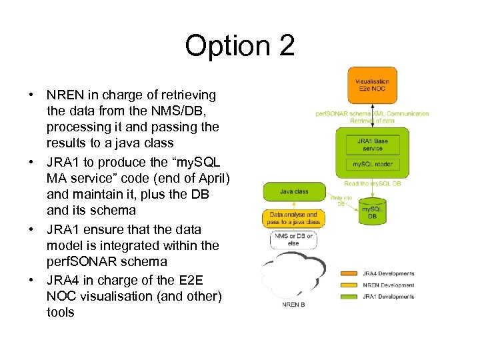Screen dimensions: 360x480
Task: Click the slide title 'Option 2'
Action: click(239, 46)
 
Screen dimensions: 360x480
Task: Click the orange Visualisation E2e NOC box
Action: click(373, 85)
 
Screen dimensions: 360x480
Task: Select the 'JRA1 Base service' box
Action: click(373, 144)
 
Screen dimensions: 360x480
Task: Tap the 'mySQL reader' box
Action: click(373, 164)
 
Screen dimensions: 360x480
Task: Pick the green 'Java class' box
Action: click(294, 192)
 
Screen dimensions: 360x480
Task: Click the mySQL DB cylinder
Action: click(373, 211)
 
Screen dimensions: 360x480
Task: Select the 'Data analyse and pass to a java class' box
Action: click(294, 218)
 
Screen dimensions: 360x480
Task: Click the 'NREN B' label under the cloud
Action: click(294, 305)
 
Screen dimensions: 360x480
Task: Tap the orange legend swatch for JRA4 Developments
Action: click(351, 273)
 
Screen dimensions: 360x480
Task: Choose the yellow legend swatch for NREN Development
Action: click(351, 285)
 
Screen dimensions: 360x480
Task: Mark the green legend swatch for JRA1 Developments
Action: click(351, 296)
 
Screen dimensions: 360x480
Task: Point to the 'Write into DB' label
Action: click(341, 200)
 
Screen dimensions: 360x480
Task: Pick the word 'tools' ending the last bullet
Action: click(61, 312)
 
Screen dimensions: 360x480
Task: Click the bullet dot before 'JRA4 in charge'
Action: click(31, 279)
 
